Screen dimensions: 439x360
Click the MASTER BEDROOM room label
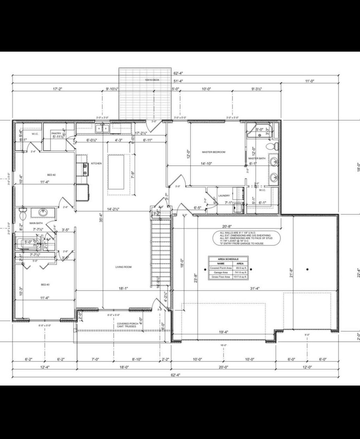[x=213, y=152]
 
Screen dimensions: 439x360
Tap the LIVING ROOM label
[x=123, y=267]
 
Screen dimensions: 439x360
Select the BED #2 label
[x=52, y=175]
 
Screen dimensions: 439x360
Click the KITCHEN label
[x=96, y=164]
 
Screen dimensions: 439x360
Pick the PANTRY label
[x=56, y=134]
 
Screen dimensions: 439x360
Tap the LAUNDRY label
[x=224, y=196]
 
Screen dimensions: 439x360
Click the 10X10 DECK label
[x=152, y=80]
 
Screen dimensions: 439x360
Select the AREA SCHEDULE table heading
[x=228, y=259]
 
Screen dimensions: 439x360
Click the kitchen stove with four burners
[x=85, y=170]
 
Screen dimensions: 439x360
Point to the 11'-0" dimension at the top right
[x=309, y=81]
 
